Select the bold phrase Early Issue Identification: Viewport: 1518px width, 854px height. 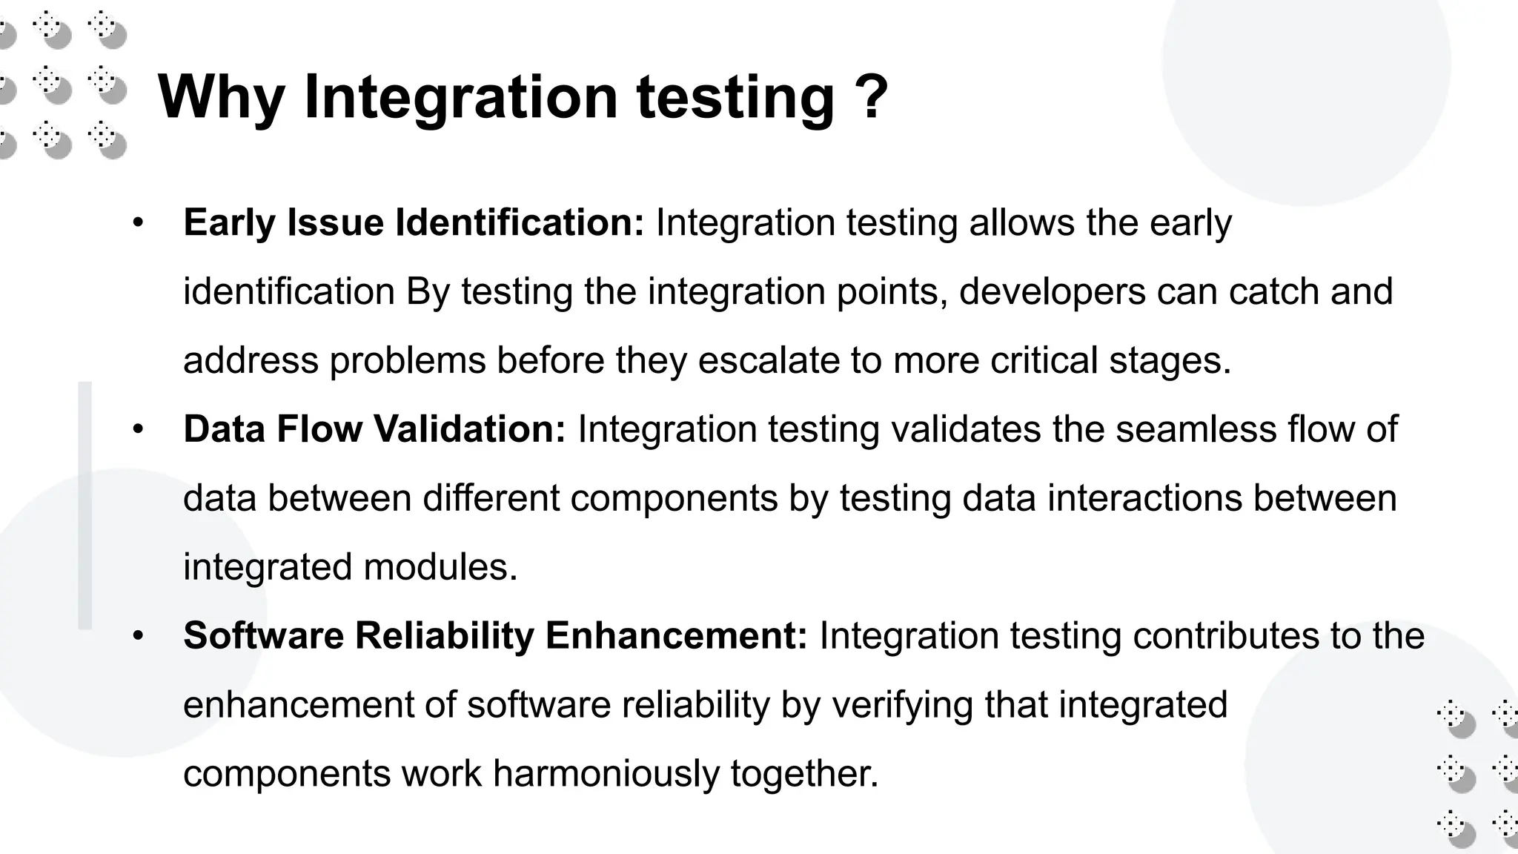coord(414,222)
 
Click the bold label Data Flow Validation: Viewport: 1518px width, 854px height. coord(374,428)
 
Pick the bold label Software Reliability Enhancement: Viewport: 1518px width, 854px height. coord(495,635)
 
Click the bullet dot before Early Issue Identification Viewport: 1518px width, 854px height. coord(138,223)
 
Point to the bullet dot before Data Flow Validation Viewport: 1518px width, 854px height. coord(138,429)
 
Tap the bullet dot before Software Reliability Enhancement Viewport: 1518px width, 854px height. coord(138,636)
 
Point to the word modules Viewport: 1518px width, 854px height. coord(440,566)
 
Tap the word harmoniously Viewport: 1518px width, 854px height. coord(606,773)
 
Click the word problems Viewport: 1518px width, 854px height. coord(408,360)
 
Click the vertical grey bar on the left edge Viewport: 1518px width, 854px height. coord(85,506)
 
